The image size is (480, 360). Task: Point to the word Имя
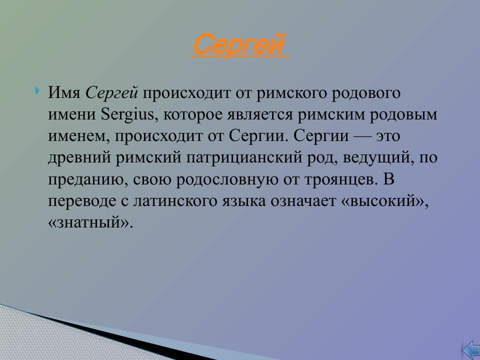tap(65, 93)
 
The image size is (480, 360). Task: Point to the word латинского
tap(173, 201)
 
